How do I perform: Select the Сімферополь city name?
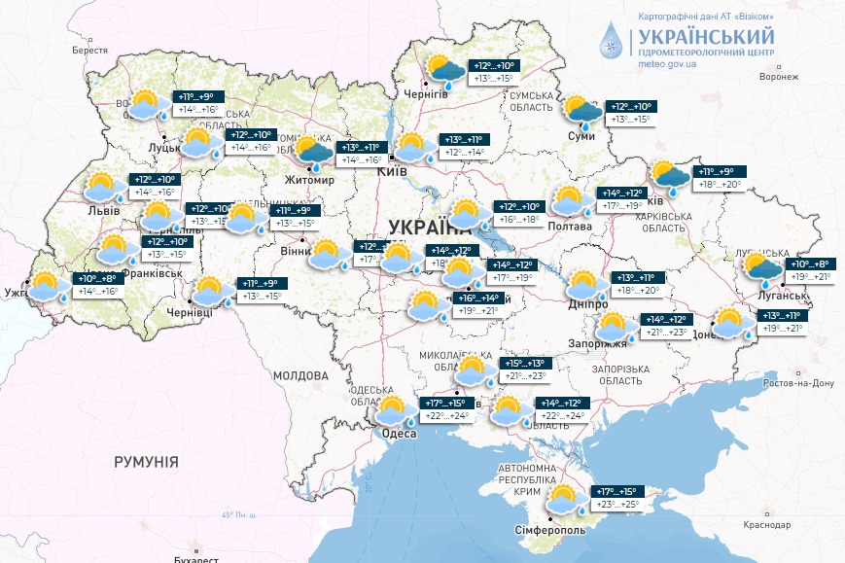coord(550,531)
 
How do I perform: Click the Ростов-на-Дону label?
coord(797,383)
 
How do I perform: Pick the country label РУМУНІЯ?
coord(146,461)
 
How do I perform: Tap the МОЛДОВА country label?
coord(300,375)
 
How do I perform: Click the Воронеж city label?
coord(778,76)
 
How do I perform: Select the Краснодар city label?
coord(767,524)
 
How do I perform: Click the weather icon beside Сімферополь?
coord(563,500)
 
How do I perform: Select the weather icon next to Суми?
coord(582,112)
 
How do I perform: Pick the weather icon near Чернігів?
coord(445,71)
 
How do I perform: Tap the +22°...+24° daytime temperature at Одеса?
coord(445,416)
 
